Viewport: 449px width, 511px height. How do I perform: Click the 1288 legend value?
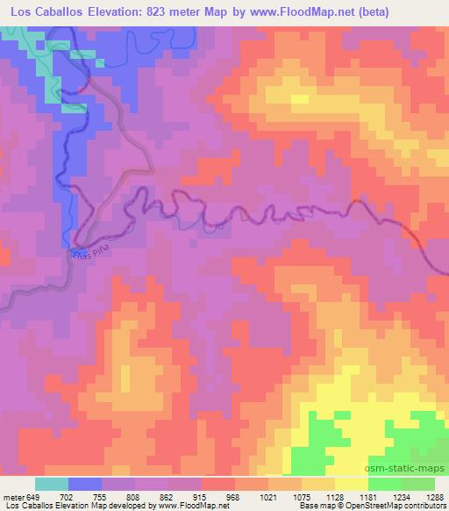click(436, 495)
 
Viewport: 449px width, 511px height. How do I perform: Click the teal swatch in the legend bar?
click(53, 484)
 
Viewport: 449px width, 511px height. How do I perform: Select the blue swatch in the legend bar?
click(86, 484)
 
